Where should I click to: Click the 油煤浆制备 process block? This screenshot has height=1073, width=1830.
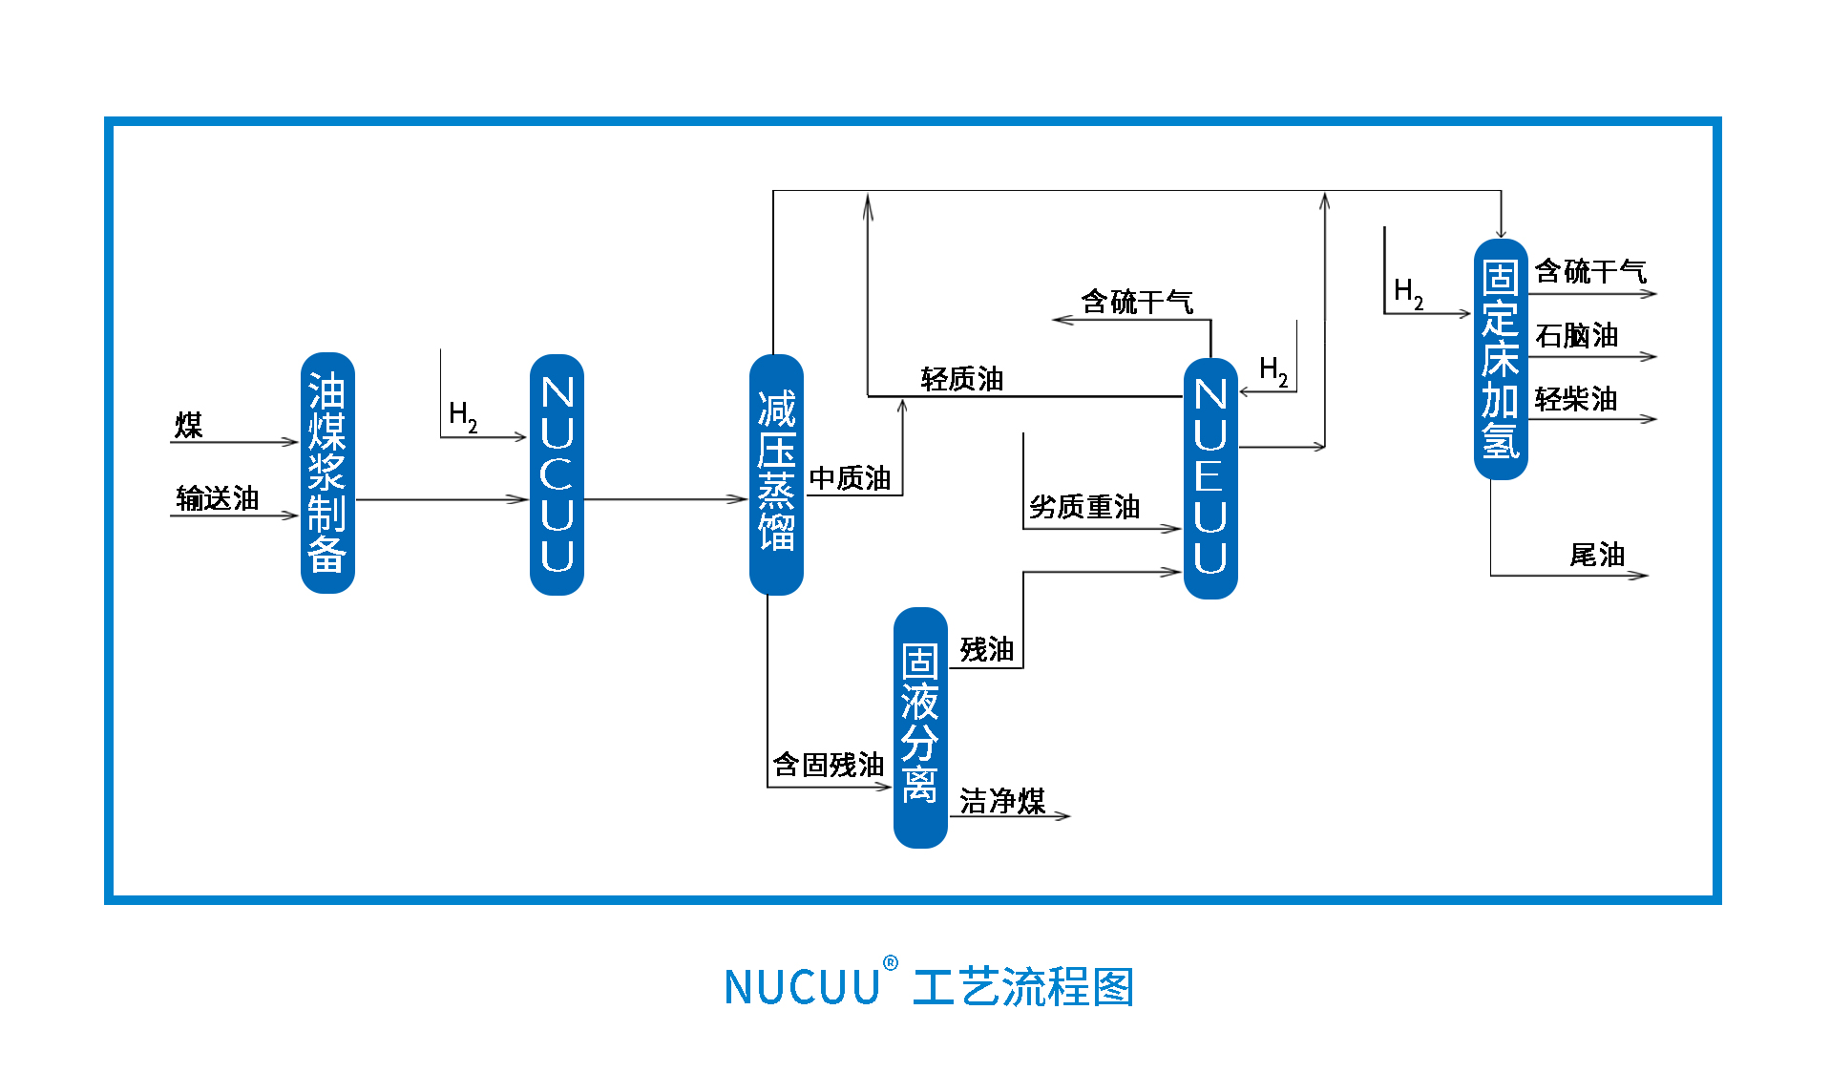click(x=327, y=473)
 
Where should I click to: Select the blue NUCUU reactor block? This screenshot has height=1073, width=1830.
click(x=557, y=474)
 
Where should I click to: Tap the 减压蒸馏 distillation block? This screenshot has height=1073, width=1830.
click(x=776, y=474)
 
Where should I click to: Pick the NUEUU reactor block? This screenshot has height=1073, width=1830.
click(x=1210, y=477)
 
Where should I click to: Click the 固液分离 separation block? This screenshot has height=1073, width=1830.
click(x=920, y=726)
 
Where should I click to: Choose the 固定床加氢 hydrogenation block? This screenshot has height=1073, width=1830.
click(x=1501, y=359)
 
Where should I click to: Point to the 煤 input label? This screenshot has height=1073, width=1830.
click(x=189, y=425)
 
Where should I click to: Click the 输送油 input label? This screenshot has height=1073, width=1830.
click(x=218, y=497)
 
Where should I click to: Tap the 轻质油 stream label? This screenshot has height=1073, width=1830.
click(x=962, y=379)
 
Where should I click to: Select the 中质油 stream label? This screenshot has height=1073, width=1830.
click(x=850, y=477)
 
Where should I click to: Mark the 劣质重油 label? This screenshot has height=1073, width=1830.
click(x=1084, y=506)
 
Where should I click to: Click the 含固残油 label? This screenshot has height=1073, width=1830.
click(x=829, y=764)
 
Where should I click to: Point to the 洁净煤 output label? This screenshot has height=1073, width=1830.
click(x=1002, y=800)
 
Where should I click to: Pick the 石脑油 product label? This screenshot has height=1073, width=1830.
click(x=1576, y=335)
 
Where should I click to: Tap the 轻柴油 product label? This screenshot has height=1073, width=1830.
click(x=1576, y=398)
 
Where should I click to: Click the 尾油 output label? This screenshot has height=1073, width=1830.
click(x=1597, y=554)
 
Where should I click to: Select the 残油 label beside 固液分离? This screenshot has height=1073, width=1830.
click(x=987, y=649)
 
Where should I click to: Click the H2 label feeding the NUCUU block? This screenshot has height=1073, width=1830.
click(x=463, y=416)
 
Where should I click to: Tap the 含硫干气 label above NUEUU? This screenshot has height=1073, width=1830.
click(x=1137, y=302)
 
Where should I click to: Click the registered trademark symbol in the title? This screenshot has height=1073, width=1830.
click(x=891, y=963)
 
